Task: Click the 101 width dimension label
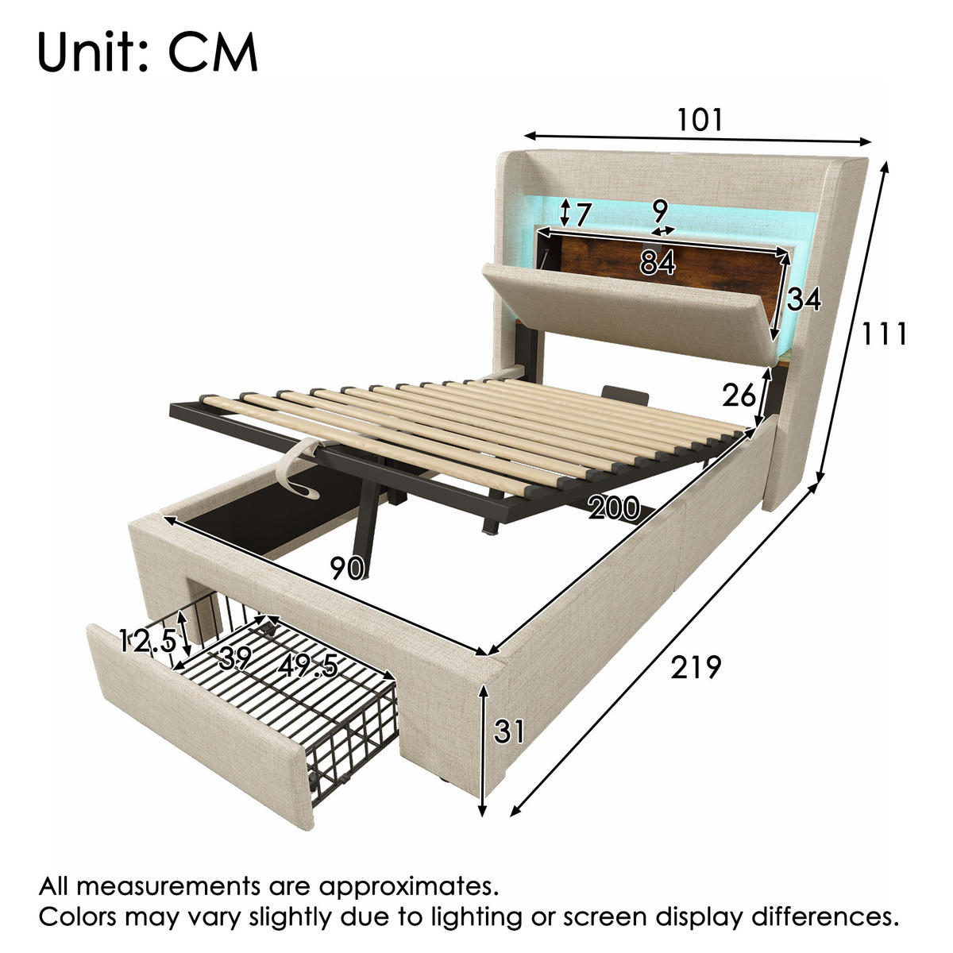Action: pos(699,120)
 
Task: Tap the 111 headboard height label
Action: pos(884,334)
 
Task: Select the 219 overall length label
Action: pos(696,667)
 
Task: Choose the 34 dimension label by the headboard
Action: pos(804,299)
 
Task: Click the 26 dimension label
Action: pos(739,395)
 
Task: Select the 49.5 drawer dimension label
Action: pos(307,666)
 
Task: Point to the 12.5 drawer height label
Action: pos(148,642)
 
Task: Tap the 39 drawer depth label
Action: pos(235,658)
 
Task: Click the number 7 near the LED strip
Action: pos(583,214)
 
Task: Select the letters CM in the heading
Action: pos(213,53)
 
